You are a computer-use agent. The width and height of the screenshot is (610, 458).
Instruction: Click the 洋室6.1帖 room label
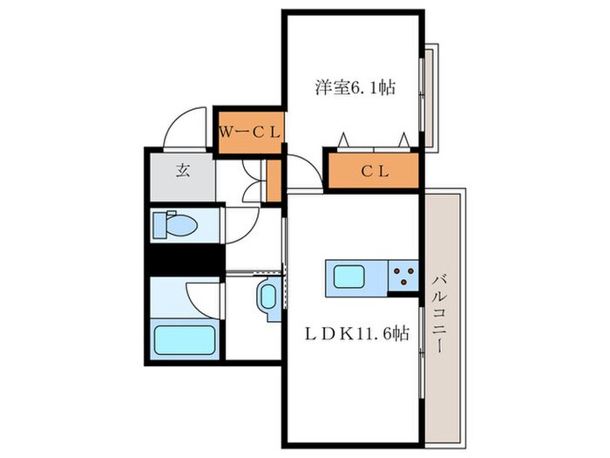[x=356, y=87]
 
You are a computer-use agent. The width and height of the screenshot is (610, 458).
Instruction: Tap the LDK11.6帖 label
[x=356, y=333]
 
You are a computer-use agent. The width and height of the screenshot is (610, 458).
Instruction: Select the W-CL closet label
[x=250, y=133]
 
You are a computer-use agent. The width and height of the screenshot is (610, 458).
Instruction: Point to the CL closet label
[x=375, y=171]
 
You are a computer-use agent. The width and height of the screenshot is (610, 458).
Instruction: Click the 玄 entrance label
[x=182, y=170]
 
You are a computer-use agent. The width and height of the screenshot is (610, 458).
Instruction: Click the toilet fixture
[x=174, y=224]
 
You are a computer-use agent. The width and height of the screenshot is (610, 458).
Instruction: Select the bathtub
[x=185, y=338]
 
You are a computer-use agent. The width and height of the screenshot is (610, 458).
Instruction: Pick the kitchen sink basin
[x=349, y=277]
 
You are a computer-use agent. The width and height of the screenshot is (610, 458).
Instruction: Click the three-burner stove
[x=403, y=276]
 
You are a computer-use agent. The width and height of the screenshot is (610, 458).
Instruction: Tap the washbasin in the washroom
[x=268, y=297]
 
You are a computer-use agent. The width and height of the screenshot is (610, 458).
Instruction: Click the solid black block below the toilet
[x=185, y=259]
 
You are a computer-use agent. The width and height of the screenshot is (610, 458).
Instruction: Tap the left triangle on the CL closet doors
[x=343, y=140]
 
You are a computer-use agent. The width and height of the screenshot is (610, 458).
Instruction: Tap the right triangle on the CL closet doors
[x=403, y=140]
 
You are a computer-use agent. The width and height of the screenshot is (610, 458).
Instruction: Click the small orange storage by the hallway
[x=274, y=181]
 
